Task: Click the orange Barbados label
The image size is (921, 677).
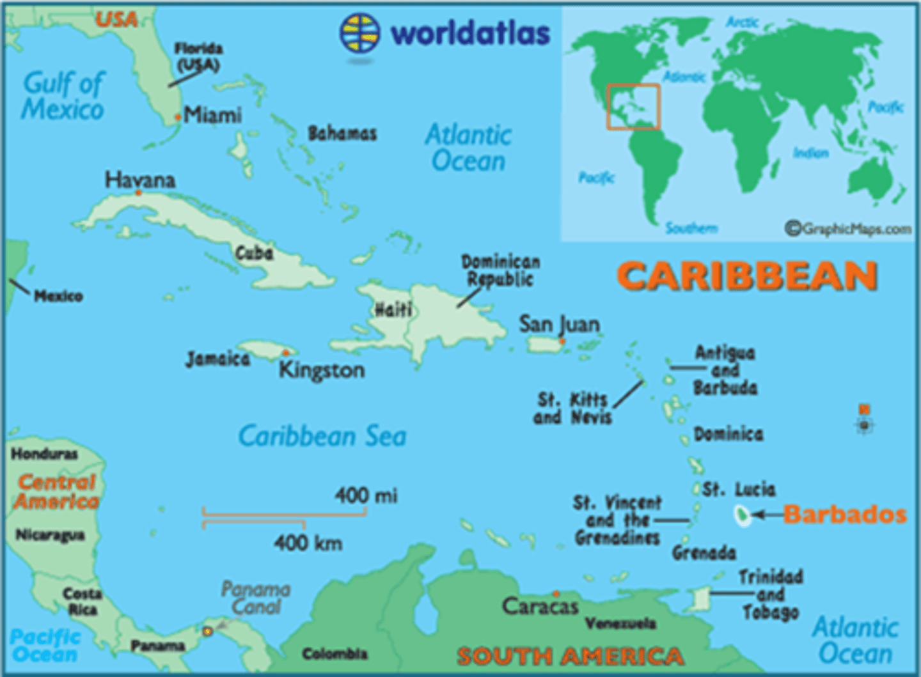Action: [x=844, y=515]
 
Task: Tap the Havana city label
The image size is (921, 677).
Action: [x=140, y=180]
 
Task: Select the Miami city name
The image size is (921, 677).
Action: [x=212, y=115]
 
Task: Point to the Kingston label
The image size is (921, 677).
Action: [x=322, y=370]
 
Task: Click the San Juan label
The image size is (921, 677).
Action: [x=559, y=324]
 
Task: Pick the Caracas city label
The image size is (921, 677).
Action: [x=540, y=606]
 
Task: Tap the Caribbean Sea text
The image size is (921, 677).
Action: [x=322, y=436]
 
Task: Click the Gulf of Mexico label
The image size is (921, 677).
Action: [x=63, y=96]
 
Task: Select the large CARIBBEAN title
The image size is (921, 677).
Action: [x=746, y=277]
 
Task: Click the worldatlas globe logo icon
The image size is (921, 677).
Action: [x=359, y=33]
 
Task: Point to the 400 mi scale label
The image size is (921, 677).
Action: [x=366, y=495]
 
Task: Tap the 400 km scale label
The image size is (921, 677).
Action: [x=308, y=543]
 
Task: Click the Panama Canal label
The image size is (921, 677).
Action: [x=256, y=598]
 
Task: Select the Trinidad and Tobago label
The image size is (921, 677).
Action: [x=770, y=595]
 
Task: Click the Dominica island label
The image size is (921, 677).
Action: [x=728, y=435]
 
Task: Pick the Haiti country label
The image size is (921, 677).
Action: [x=393, y=310]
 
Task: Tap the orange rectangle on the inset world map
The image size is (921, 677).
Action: [x=633, y=107]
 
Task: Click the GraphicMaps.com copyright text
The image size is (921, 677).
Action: [x=848, y=228]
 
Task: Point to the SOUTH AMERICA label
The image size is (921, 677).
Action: [x=570, y=656]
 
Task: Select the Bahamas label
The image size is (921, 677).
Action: [x=342, y=134]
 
